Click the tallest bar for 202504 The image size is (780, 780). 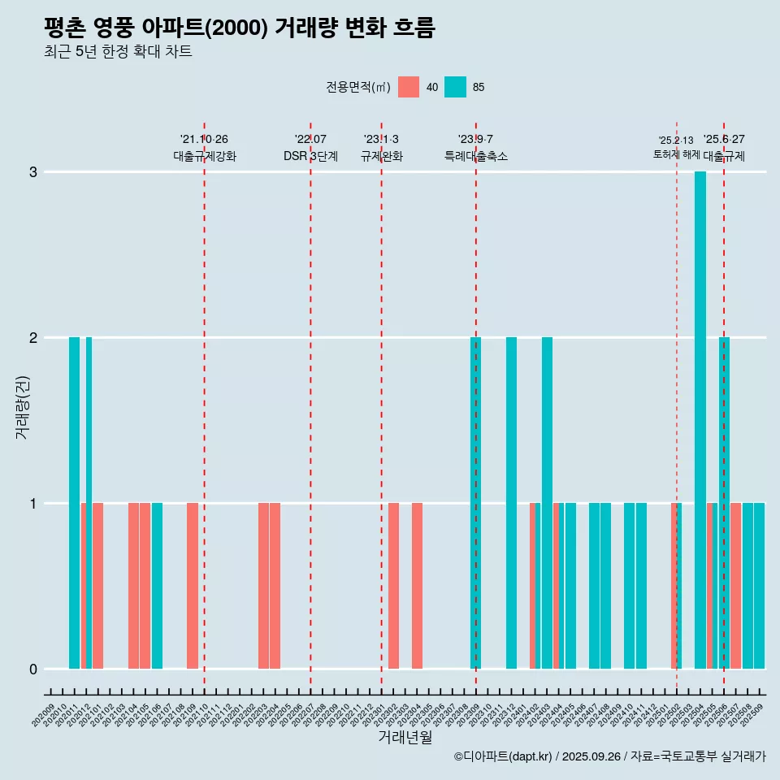coord(700,419)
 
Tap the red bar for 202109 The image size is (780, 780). coord(193,585)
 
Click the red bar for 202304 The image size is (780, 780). coord(417,585)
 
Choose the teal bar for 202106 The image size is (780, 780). coord(157,585)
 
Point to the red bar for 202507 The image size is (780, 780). coord(735,585)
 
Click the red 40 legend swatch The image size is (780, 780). coord(409,87)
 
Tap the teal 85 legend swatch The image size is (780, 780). coord(456,87)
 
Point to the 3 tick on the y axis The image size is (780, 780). coord(33,172)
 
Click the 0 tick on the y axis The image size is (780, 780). coord(33,669)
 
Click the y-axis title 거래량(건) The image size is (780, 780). coord(23,406)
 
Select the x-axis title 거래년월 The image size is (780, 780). coord(405,737)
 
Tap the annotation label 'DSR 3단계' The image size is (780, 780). coord(310,156)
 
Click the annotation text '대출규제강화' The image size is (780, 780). coord(205,156)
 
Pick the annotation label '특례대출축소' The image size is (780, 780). coord(476,156)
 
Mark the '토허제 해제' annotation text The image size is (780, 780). coord(676,154)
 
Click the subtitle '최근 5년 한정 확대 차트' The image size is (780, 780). coord(118,52)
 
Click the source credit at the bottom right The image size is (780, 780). coord(609,757)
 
